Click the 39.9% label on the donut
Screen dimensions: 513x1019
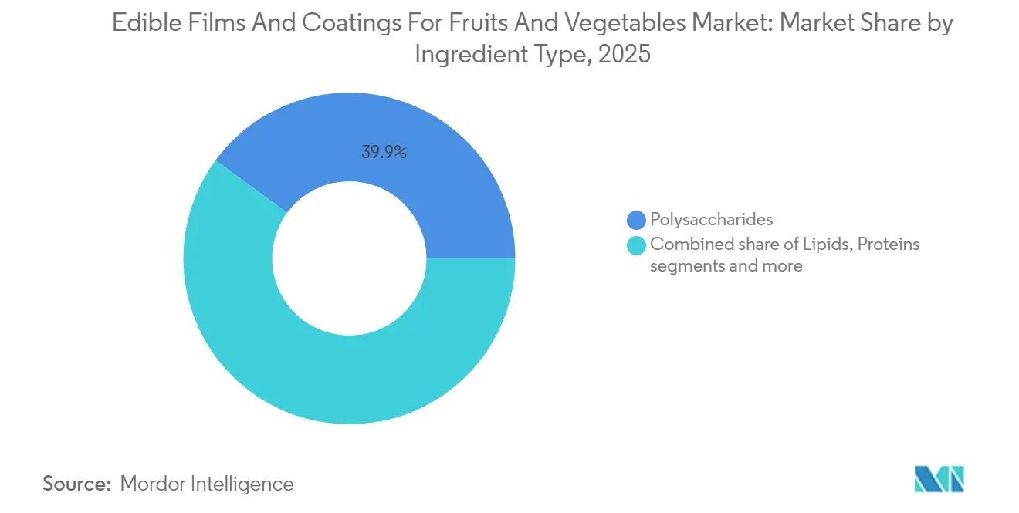point(384,153)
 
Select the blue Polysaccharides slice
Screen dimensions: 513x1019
point(432,170)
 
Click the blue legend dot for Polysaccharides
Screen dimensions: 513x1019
point(636,220)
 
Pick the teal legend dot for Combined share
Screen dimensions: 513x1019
point(636,245)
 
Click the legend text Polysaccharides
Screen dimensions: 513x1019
point(711,220)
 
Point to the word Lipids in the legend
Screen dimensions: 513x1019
point(827,245)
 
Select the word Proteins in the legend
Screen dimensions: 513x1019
point(889,245)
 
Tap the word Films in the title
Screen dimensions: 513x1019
point(203,23)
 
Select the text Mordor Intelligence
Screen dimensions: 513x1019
point(207,484)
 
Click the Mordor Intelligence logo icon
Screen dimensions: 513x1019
point(939,480)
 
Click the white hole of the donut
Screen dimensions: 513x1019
point(349,258)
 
